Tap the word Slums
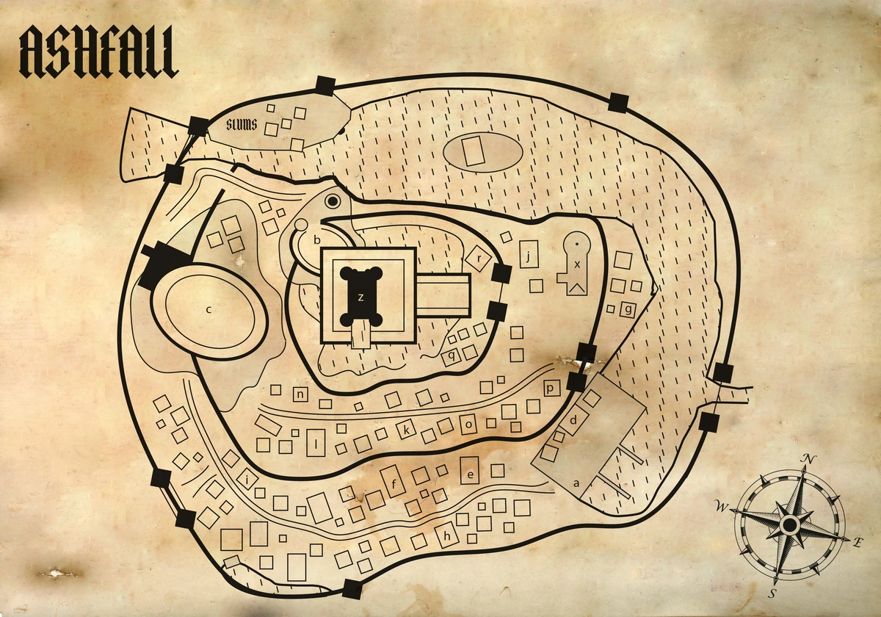tap(242, 125)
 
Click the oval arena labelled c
tap(209, 310)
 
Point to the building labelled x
tap(577, 264)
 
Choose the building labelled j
tap(529, 254)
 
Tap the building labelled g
tap(628, 309)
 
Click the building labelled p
tap(552, 388)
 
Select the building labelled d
tap(573, 421)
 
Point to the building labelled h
tap(446, 536)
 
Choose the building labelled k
tap(405, 430)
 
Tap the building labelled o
tap(468, 424)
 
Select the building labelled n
tap(301, 394)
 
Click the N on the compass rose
tap(809, 461)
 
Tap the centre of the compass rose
tap(789, 524)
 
